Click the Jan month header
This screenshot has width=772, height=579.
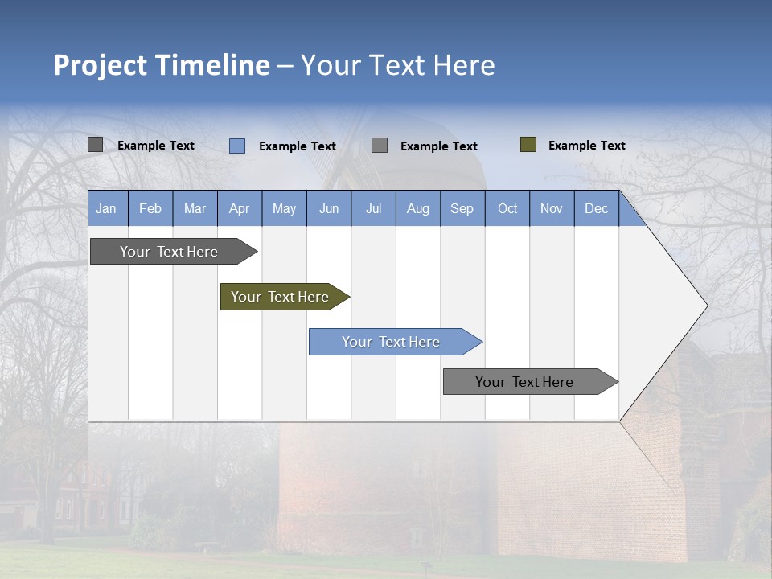(x=107, y=208)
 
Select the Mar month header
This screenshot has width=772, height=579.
(x=195, y=208)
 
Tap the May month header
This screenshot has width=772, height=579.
(x=284, y=208)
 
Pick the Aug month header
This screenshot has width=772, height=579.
(x=417, y=208)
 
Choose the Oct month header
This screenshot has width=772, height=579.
(x=507, y=208)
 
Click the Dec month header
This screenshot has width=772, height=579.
(x=596, y=208)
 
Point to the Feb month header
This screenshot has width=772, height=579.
(x=150, y=208)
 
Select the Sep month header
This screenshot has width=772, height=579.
(x=462, y=208)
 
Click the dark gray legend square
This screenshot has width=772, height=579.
(x=95, y=145)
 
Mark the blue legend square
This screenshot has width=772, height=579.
(x=237, y=146)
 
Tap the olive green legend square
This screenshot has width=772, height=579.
(x=528, y=145)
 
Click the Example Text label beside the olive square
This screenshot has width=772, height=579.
(x=586, y=146)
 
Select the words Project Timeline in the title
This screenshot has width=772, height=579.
(x=161, y=65)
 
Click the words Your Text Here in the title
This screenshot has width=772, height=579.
(x=397, y=65)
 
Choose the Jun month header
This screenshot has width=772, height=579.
(x=329, y=208)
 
